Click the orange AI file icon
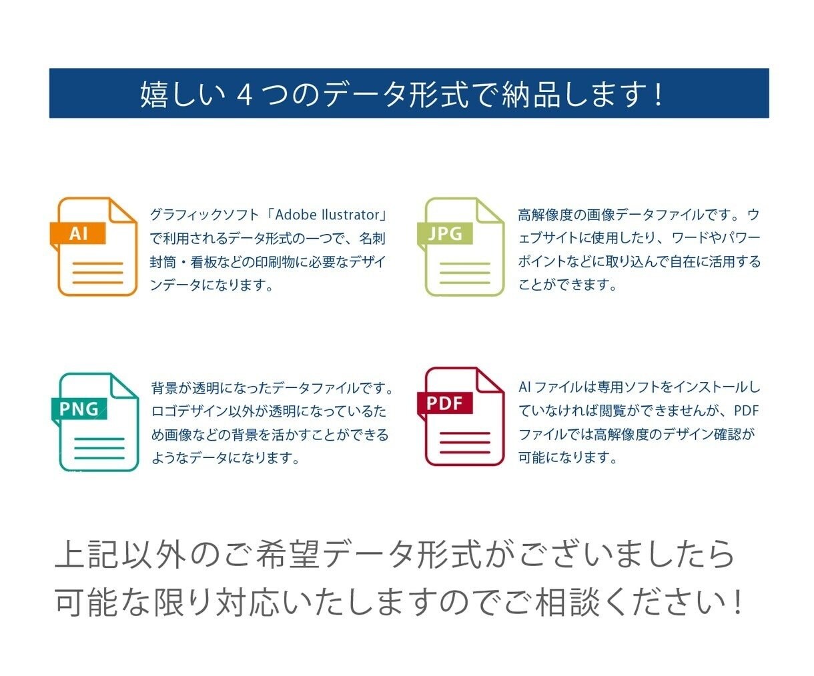click(93, 246)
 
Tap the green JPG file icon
click(461, 246)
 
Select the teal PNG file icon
click(95, 422)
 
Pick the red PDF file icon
click(461, 416)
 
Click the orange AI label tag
click(78, 233)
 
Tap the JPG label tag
click(445, 233)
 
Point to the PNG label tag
click(79, 409)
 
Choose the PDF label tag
click(445, 403)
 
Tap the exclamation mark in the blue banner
click(659, 95)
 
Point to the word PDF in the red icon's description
click(746, 411)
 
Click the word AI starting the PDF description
click(524, 387)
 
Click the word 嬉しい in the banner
click(183, 95)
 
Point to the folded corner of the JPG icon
click(489, 211)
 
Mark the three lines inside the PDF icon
click(464, 443)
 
